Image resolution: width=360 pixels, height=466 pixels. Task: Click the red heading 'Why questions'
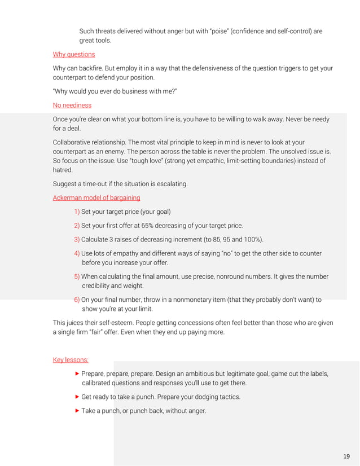click(x=73, y=54)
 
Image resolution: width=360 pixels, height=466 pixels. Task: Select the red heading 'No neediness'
click(x=72, y=105)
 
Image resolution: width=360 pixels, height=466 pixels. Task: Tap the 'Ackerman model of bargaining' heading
click(x=96, y=197)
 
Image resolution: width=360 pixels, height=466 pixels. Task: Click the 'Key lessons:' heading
click(x=71, y=359)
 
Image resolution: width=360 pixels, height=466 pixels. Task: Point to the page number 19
click(x=346, y=456)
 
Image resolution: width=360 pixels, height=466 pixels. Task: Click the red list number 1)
click(x=77, y=212)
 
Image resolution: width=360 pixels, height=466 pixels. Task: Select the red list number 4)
click(x=77, y=253)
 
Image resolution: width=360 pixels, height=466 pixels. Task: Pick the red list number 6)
click(x=77, y=300)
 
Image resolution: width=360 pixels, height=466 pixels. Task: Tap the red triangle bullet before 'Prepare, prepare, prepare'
click(x=77, y=373)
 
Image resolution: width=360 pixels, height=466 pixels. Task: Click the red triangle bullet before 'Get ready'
click(x=77, y=397)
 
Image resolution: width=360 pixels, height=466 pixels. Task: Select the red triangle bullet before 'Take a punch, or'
click(x=77, y=411)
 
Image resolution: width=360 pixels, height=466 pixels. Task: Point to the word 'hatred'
click(x=63, y=169)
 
